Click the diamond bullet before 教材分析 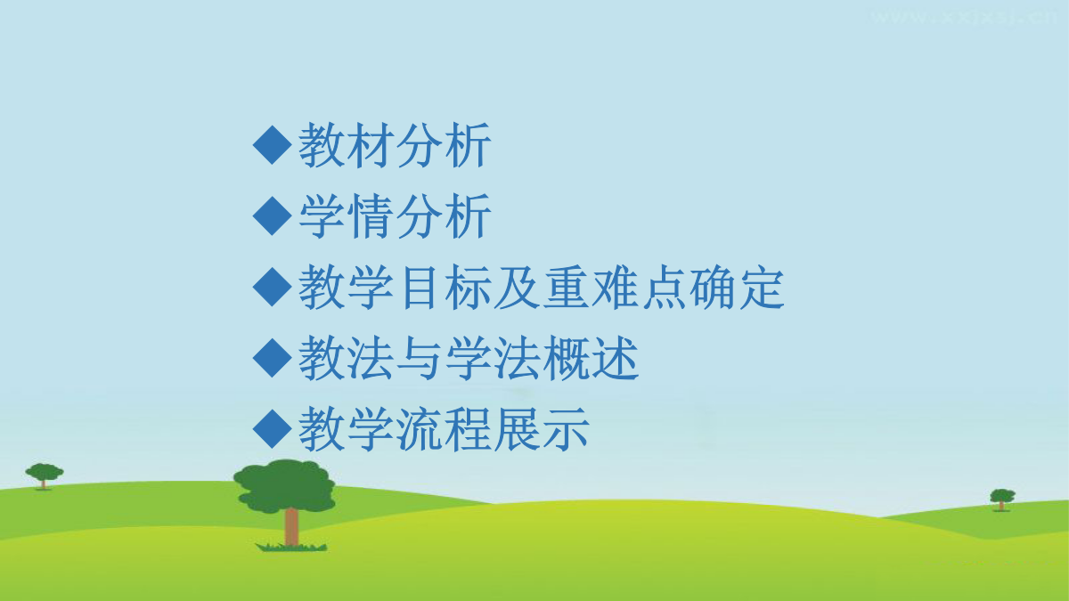pyautogui.click(x=272, y=145)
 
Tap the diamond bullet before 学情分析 pyautogui.click(x=272, y=215)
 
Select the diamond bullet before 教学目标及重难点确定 pyautogui.click(x=272, y=287)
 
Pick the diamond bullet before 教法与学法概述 pyautogui.click(x=272, y=358)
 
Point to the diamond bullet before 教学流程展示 pyautogui.click(x=272, y=429)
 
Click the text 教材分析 pyautogui.click(x=395, y=145)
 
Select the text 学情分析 pyautogui.click(x=395, y=215)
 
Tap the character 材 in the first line pyautogui.click(x=370, y=145)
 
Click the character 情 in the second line pyautogui.click(x=370, y=215)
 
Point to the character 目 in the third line pyautogui.click(x=419, y=287)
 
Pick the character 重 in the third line pyautogui.click(x=566, y=287)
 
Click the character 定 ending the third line pyautogui.click(x=762, y=287)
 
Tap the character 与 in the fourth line pyautogui.click(x=419, y=358)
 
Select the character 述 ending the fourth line pyautogui.click(x=615, y=358)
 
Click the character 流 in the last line pyautogui.click(x=419, y=429)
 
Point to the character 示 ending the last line pyautogui.click(x=566, y=429)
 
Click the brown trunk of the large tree pyautogui.click(x=291, y=526)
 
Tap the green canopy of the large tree pyautogui.click(x=285, y=485)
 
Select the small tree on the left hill pyautogui.click(x=44, y=475)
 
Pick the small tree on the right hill pyautogui.click(x=1002, y=499)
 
